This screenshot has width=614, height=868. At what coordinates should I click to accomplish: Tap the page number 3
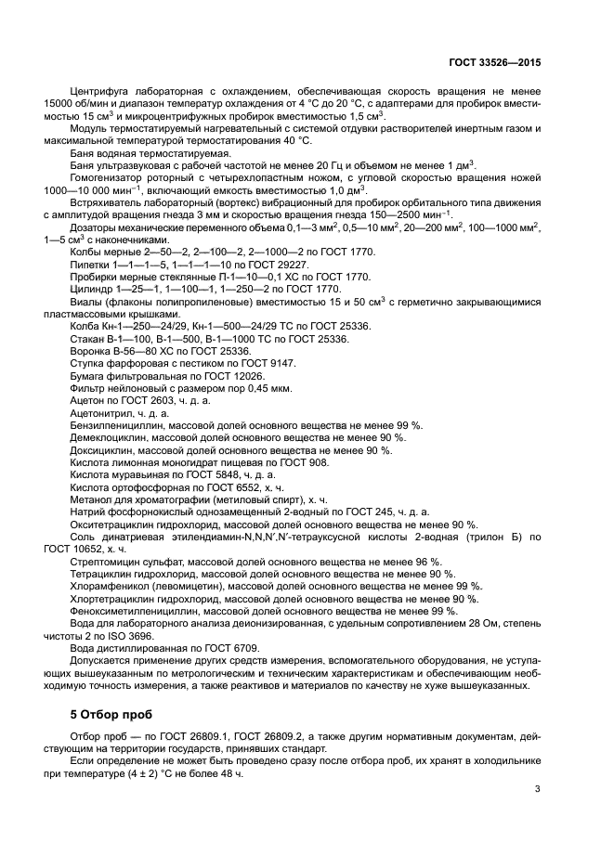pos(538,789)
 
